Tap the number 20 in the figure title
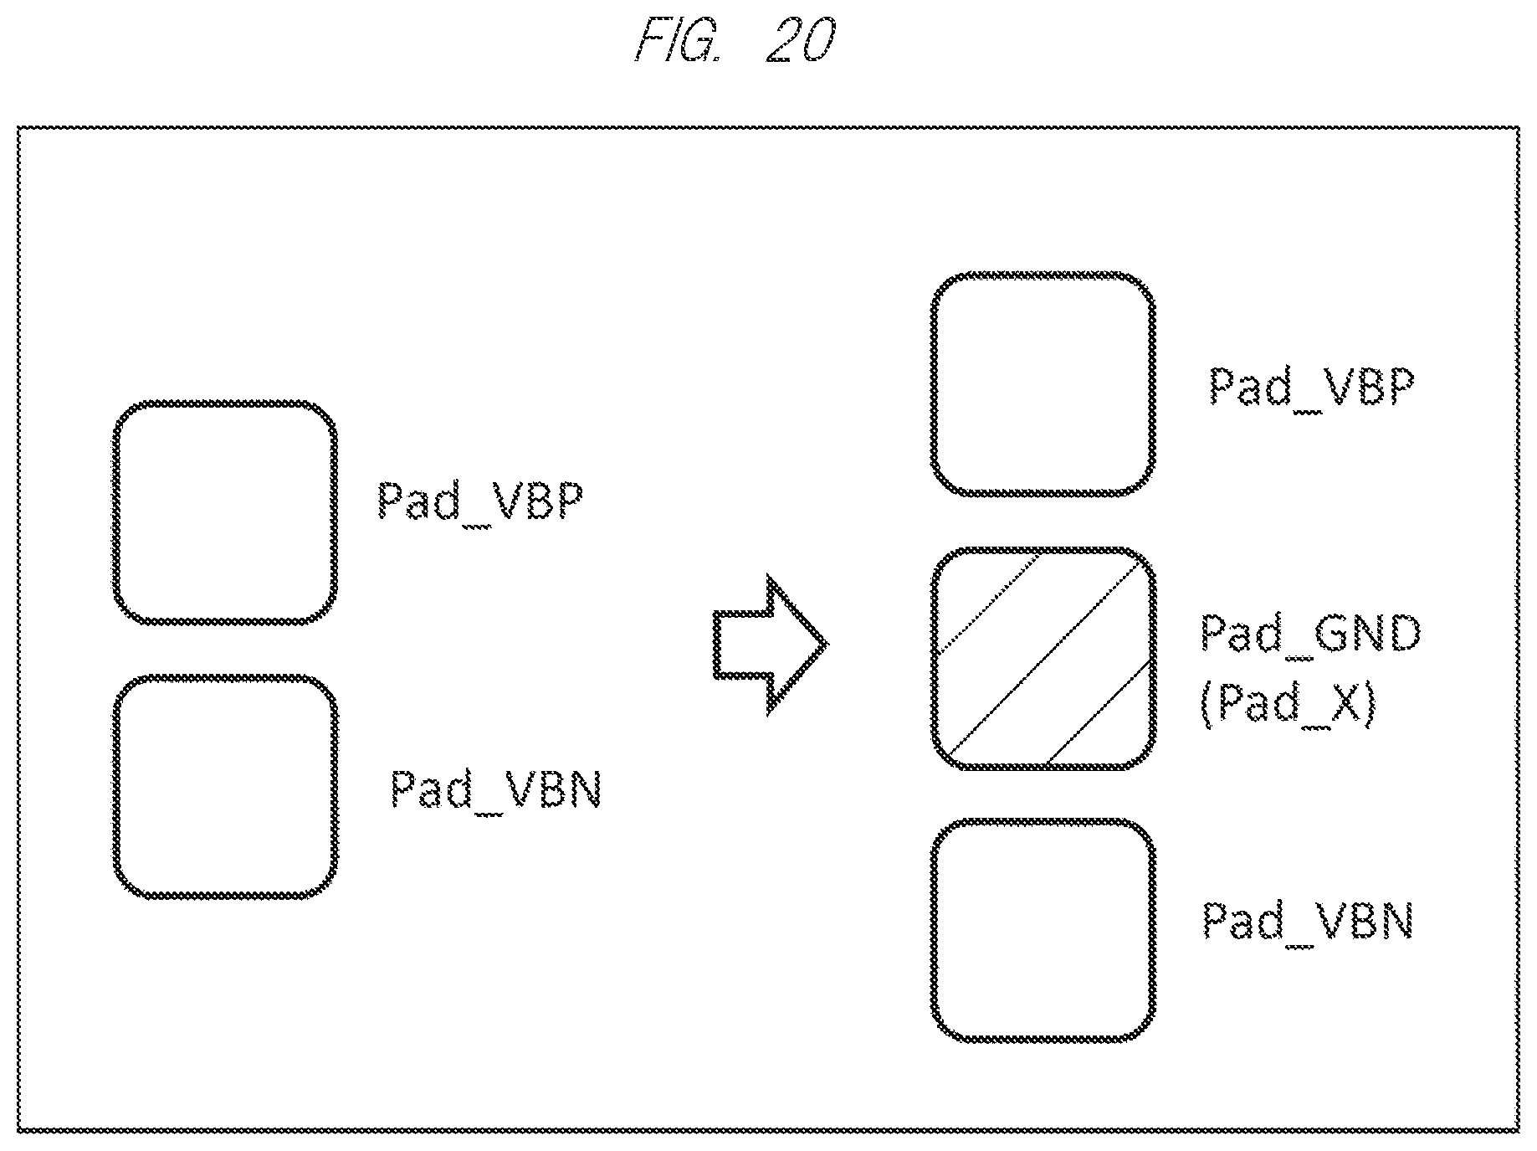pos(799,40)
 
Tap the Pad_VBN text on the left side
pos(495,789)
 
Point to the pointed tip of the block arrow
pos(827,645)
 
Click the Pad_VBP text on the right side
pos(1311,387)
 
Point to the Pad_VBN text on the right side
pos(1308,921)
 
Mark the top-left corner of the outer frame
pos(18,128)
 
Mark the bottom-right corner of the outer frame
pos(1519,1132)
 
